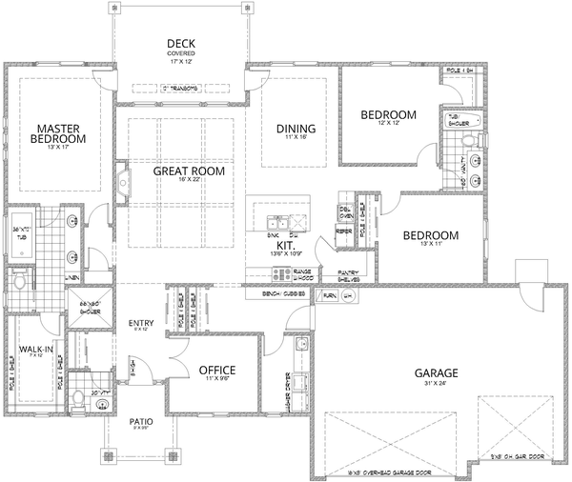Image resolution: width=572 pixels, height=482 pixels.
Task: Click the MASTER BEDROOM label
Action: [x=61, y=132]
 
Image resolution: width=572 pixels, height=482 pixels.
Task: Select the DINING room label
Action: [x=296, y=130]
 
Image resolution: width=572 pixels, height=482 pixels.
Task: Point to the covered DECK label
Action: [x=181, y=44]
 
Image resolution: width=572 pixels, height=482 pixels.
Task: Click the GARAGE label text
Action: [x=437, y=372]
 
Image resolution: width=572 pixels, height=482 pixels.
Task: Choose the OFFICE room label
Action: [x=216, y=370]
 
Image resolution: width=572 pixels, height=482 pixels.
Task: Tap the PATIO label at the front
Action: [x=140, y=419]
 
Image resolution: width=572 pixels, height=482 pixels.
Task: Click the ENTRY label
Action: [x=140, y=324]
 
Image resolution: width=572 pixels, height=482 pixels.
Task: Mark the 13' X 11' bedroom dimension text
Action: [x=429, y=247]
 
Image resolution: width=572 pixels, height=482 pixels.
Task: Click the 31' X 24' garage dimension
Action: [x=437, y=384]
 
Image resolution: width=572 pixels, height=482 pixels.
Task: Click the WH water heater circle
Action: [x=348, y=297]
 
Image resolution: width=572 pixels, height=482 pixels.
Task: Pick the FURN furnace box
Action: [x=330, y=297]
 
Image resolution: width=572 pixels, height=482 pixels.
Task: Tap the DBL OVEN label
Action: [x=347, y=211]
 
